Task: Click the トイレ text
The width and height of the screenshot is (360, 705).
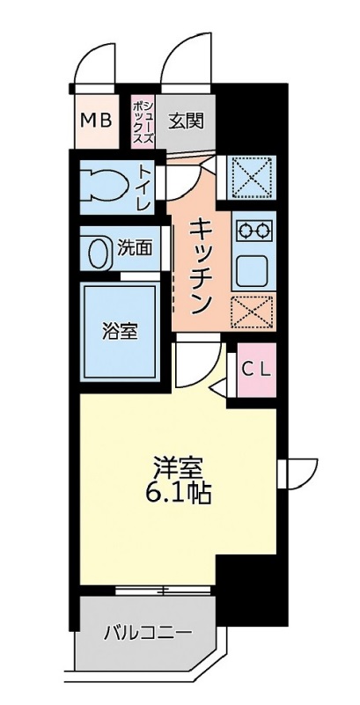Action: point(143,186)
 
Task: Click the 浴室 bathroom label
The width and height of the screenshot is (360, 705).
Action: point(120,332)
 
